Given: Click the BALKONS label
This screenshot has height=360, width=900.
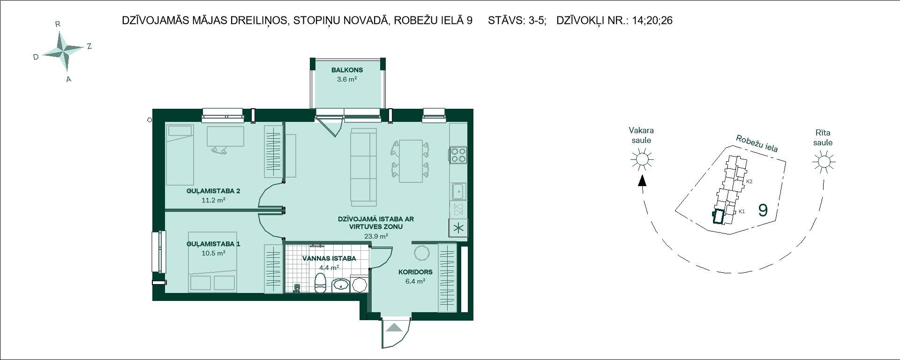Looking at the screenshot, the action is (x=347, y=70).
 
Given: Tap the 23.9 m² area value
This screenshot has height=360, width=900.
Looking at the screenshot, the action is (x=376, y=236).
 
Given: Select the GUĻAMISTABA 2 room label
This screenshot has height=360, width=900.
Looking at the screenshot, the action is (x=213, y=191).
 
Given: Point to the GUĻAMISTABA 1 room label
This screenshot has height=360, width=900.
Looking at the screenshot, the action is (x=213, y=244).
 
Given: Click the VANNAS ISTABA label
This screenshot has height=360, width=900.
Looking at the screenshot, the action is (x=329, y=258).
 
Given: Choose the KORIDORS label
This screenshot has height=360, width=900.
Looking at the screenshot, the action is (x=415, y=272).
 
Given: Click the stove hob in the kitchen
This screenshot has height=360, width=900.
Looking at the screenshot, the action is (x=458, y=155).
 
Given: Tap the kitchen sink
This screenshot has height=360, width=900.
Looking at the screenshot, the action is (x=458, y=191).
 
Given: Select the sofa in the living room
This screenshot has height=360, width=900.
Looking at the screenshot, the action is (x=364, y=167).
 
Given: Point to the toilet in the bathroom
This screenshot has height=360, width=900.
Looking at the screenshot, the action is (x=320, y=283).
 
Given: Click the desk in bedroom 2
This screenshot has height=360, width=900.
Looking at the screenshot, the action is (x=225, y=136).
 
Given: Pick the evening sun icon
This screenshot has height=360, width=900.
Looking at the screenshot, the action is (x=642, y=160).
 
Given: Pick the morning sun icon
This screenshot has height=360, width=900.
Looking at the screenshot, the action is (x=824, y=162).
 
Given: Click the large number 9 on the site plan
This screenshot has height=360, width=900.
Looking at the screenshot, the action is (x=763, y=210).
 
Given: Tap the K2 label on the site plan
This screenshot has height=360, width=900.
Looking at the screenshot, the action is (x=749, y=181).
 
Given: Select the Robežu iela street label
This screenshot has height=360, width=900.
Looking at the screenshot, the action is (x=757, y=143).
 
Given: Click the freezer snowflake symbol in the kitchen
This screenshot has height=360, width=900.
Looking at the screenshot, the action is (x=458, y=228).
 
